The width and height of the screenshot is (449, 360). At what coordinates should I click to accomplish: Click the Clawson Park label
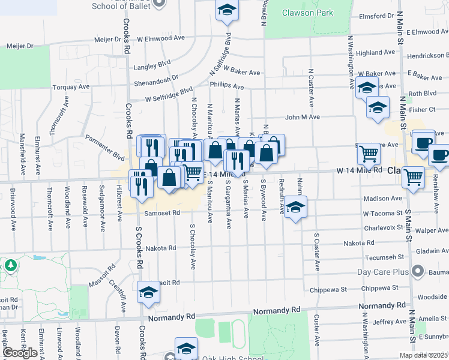coord(308,13)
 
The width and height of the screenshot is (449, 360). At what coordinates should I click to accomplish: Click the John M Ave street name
coord(303,117)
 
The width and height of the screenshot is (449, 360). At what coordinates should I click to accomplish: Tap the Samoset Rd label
coord(162,212)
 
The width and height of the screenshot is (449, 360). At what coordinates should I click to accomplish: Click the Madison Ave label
coord(383,198)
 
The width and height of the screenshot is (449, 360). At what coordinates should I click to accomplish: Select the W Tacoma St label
coord(382,213)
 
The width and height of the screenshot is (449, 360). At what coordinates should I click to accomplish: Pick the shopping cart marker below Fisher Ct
coord(369,154)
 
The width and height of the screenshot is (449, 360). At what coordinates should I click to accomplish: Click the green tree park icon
coord(10,265)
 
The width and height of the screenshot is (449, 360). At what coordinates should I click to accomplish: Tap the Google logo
coord(19,353)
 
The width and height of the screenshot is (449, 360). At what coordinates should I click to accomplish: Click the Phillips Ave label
coord(227,86)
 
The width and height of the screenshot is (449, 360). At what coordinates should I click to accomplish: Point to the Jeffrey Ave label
coord(390,322)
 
